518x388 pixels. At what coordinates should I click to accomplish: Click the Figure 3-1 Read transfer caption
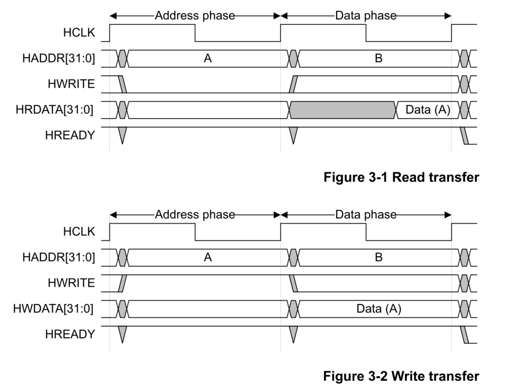(x=401, y=177)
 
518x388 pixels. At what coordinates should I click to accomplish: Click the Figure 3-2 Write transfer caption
(x=401, y=376)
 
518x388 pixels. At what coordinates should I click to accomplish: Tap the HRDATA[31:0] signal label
(x=54, y=110)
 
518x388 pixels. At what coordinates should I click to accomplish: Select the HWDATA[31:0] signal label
(x=53, y=309)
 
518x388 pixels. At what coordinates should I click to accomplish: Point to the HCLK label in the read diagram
(x=79, y=32)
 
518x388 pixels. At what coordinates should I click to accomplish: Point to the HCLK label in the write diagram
(x=79, y=231)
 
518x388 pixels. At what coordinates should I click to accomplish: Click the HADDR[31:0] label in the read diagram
(x=59, y=59)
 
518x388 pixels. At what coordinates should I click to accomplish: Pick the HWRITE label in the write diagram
(x=72, y=283)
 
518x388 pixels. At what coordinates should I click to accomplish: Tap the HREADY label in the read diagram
(x=70, y=135)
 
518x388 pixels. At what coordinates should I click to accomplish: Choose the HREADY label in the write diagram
(x=70, y=334)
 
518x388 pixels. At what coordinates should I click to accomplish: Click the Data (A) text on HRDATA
(x=428, y=110)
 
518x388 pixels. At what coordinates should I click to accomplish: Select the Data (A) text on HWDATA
(x=379, y=309)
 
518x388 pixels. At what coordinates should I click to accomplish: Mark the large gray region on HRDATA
(x=342, y=110)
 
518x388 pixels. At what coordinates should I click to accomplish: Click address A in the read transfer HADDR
(x=207, y=59)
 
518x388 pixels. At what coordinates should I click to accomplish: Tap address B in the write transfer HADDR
(x=379, y=257)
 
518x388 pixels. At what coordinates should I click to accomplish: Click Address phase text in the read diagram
(x=195, y=16)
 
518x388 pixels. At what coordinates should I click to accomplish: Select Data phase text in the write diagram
(x=366, y=215)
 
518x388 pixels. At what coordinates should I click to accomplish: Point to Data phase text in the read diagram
(x=366, y=16)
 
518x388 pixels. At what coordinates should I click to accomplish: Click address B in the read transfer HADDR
(x=379, y=59)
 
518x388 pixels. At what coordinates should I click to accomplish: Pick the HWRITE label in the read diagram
(x=72, y=84)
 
